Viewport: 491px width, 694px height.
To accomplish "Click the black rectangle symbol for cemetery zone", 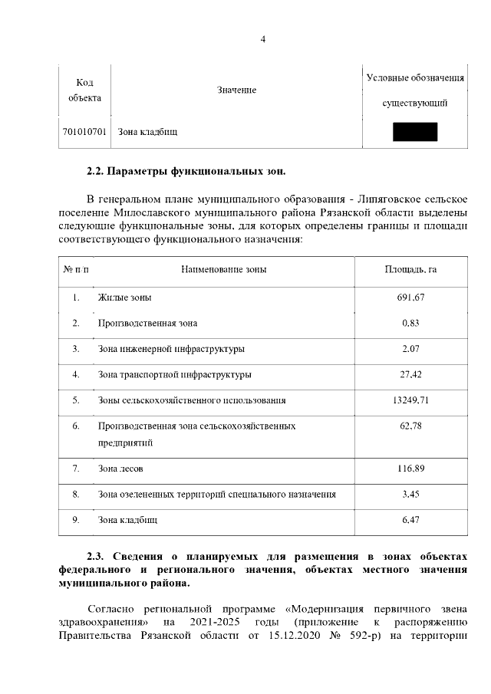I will (414, 132).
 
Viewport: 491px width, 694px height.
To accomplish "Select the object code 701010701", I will (84, 133).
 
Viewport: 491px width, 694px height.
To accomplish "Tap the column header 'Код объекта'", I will (84, 90).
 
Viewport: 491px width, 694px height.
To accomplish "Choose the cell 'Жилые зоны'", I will (124, 298).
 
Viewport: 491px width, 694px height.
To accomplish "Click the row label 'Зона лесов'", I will (120, 469).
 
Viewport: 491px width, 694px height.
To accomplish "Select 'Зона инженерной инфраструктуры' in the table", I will (171, 349).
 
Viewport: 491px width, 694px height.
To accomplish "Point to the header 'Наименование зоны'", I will (223, 269).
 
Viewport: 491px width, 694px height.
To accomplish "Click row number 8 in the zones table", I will (76, 495).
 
